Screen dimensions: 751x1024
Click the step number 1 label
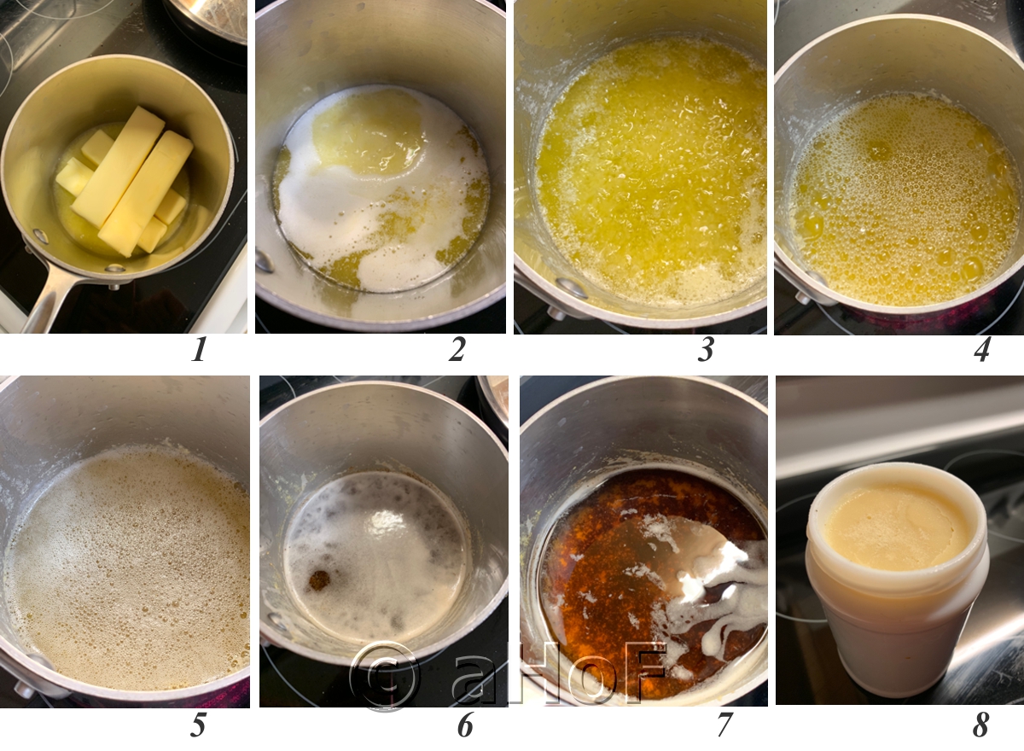tap(199, 349)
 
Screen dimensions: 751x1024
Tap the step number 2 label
tap(457, 349)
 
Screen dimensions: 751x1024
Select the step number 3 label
tap(705, 349)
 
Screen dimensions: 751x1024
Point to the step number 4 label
tap(981, 349)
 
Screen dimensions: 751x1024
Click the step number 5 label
tap(198, 725)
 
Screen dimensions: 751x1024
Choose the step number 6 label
tap(465, 725)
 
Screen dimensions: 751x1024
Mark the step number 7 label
tap(724, 725)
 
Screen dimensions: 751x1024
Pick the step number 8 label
tap(981, 725)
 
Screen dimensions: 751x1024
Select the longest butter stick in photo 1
tap(118, 166)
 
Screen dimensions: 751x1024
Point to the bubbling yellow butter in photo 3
tap(649, 171)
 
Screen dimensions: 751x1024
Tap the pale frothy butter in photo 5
tap(128, 563)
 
